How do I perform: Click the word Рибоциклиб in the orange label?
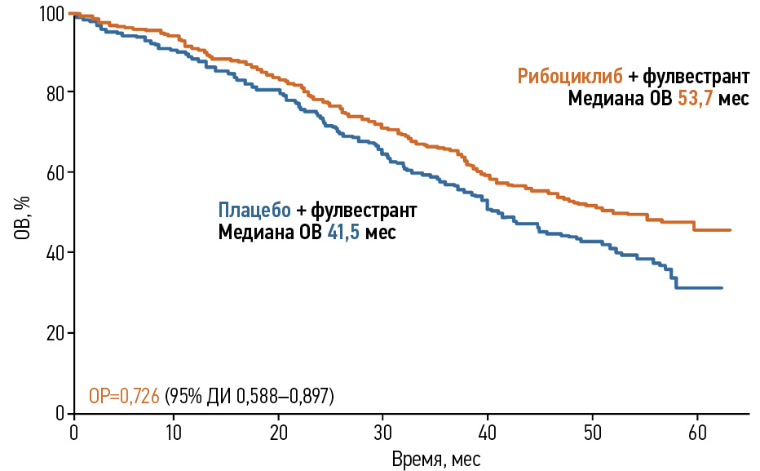(570, 78)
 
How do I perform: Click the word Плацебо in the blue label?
(254, 210)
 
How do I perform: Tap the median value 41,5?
(344, 232)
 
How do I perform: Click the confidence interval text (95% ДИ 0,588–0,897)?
(250, 397)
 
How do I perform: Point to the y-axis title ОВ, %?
(22, 216)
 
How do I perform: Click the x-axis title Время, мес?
(436, 459)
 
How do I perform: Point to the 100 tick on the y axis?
(51, 14)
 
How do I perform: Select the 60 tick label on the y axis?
(55, 172)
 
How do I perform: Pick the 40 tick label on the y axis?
(55, 252)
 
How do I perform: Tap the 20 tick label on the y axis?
(55, 333)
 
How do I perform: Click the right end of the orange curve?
(730, 230)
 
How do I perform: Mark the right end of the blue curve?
(722, 287)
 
